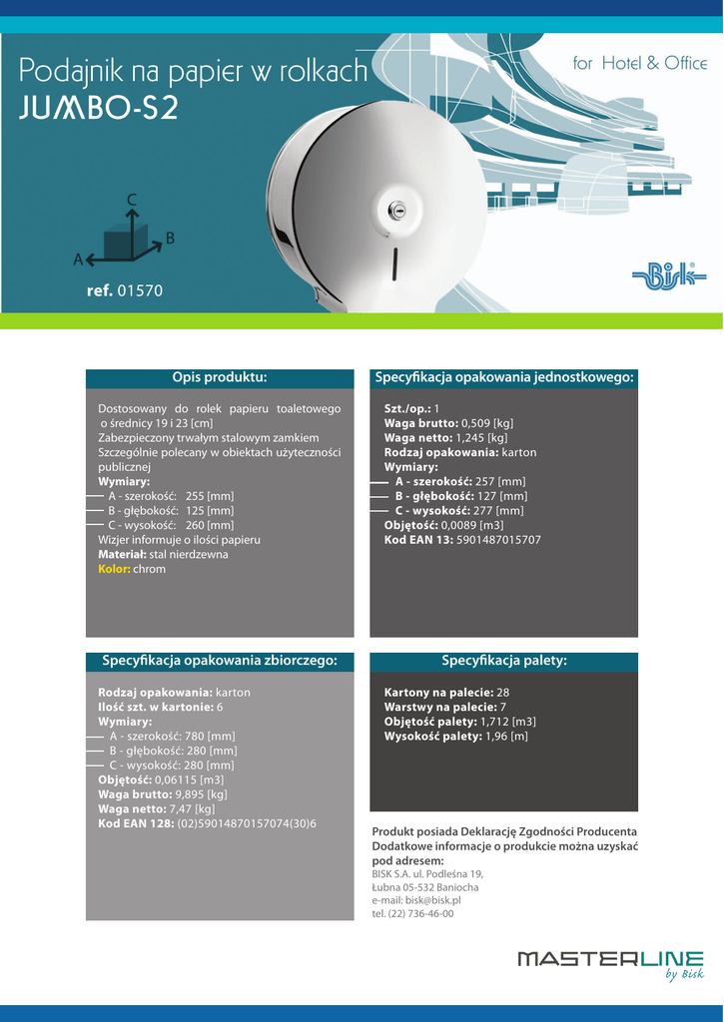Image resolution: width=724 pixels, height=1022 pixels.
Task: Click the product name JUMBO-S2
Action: (99, 108)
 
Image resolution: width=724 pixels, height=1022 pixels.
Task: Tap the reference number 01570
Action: (140, 291)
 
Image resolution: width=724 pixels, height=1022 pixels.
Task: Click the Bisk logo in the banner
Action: (669, 275)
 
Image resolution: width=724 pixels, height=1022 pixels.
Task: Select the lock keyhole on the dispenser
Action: (397, 211)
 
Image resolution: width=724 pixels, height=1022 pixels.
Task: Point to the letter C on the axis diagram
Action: (131, 200)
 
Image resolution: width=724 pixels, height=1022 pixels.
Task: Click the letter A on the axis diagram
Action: (77, 259)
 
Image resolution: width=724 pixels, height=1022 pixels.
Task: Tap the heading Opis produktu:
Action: (220, 377)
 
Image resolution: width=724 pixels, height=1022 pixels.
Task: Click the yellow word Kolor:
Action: (114, 569)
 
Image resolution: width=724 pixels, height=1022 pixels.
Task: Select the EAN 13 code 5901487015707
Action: (498, 540)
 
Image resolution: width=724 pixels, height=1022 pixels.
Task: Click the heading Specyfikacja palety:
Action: (504, 661)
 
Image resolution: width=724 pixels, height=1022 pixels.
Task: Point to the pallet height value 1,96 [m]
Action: (506, 737)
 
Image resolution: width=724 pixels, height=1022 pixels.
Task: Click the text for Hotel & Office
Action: (640, 64)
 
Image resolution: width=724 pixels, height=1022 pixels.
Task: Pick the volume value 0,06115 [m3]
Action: (189, 779)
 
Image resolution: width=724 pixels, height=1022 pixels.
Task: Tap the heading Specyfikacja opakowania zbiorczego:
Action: (220, 661)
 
